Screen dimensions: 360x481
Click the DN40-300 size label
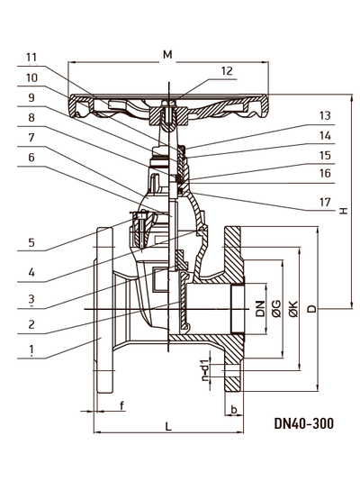(x=303, y=423)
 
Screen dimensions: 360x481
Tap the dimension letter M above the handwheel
(x=167, y=55)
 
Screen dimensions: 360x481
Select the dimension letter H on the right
(x=344, y=211)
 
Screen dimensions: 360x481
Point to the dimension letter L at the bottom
(x=168, y=426)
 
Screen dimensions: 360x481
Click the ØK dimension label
(x=293, y=309)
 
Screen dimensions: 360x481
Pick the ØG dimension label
(x=276, y=309)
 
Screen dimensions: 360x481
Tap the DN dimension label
(x=260, y=309)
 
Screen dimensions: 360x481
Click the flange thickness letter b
(x=234, y=410)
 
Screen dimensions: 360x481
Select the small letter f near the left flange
(x=121, y=405)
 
